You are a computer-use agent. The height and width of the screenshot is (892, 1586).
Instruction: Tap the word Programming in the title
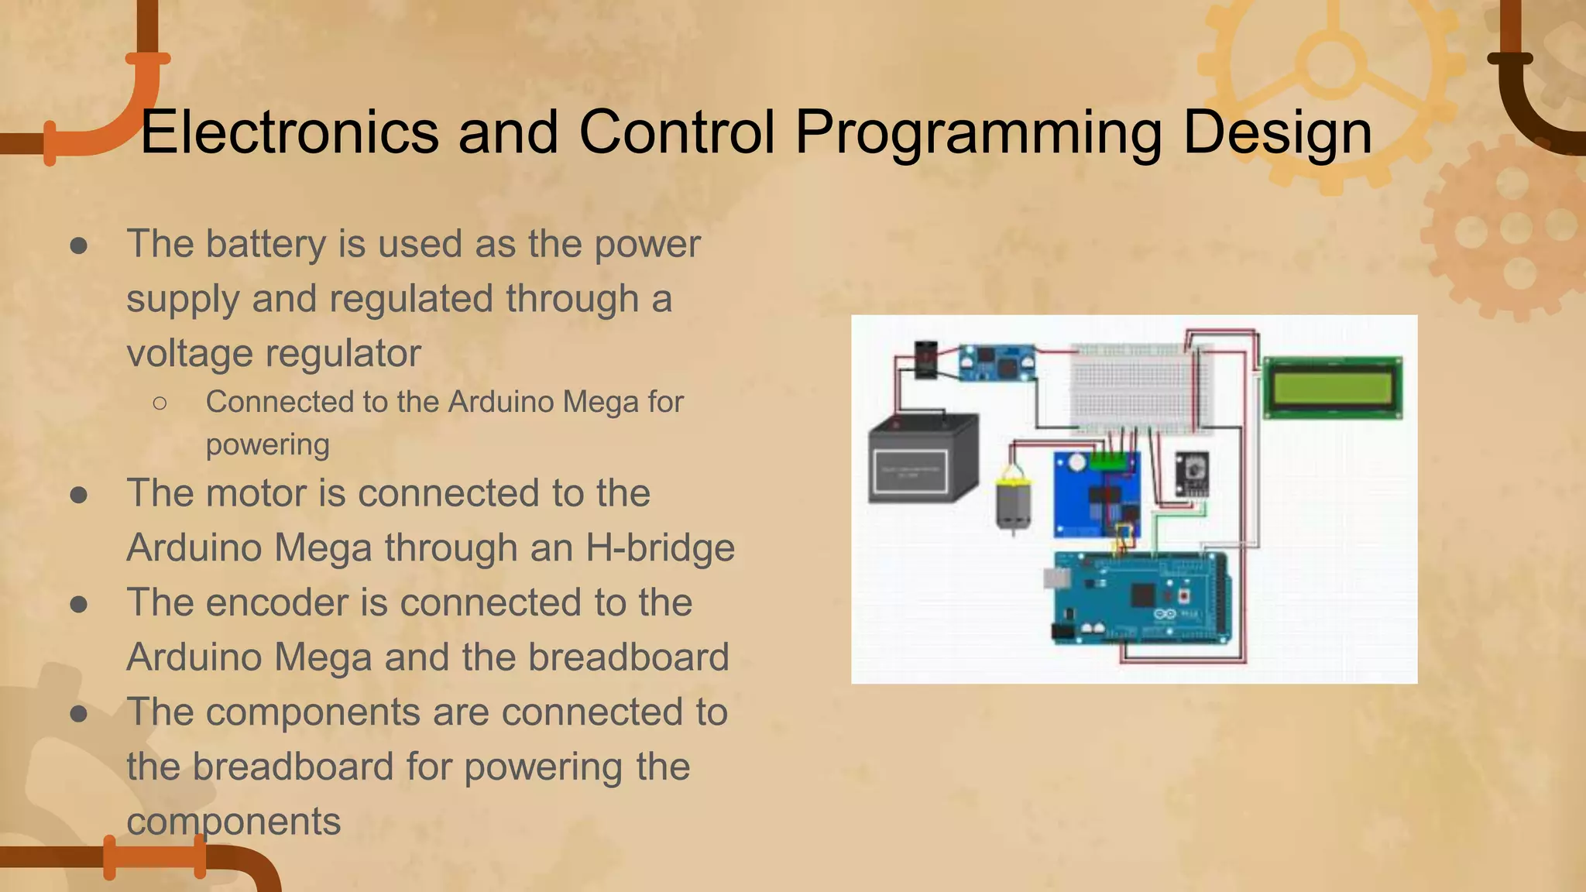pos(978,132)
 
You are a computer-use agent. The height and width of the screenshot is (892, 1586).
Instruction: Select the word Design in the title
pos(1277,132)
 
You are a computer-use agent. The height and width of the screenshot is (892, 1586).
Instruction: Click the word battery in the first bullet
pos(265,245)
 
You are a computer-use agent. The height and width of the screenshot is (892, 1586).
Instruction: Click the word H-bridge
pos(660,548)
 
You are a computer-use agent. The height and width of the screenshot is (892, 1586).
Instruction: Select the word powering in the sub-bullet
pos(267,445)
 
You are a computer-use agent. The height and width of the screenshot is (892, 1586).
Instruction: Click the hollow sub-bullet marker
pos(160,403)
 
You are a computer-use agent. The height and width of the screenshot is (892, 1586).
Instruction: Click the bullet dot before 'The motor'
pos(78,495)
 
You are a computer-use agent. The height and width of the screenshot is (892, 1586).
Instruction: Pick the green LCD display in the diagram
pos(1332,387)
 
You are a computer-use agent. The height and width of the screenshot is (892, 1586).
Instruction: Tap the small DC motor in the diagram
pos(1013,503)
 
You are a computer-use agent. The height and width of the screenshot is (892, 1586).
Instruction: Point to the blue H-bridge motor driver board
pos(1095,496)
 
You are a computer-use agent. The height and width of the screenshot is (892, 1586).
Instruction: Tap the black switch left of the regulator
pos(925,359)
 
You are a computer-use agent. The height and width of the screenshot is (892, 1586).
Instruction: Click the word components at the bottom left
pos(233,822)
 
